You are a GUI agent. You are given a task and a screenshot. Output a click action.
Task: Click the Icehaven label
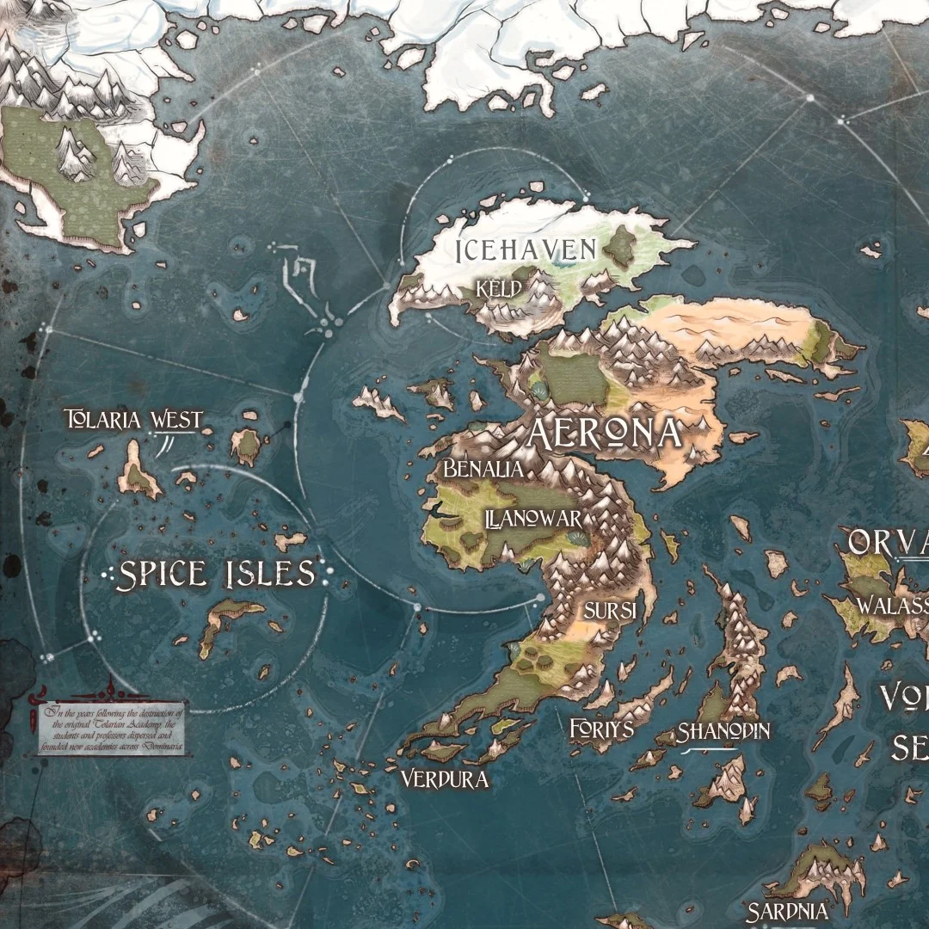tap(526, 250)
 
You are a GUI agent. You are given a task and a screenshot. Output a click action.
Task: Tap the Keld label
tap(499, 289)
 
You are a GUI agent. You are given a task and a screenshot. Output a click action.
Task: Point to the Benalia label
tap(483, 470)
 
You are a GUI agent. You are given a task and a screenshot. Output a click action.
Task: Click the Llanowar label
tap(533, 520)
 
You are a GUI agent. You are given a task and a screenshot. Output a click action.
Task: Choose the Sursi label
tap(610, 611)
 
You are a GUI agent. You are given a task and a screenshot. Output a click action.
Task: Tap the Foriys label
tap(601, 729)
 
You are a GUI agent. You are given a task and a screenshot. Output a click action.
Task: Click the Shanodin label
tap(723, 732)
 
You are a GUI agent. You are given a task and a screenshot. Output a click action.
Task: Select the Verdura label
tap(445, 779)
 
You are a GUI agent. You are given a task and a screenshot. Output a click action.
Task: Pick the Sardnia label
tap(787, 912)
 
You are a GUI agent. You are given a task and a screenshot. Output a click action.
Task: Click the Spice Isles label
tap(216, 575)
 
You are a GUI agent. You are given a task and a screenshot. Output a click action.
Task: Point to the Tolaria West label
tap(134, 420)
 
